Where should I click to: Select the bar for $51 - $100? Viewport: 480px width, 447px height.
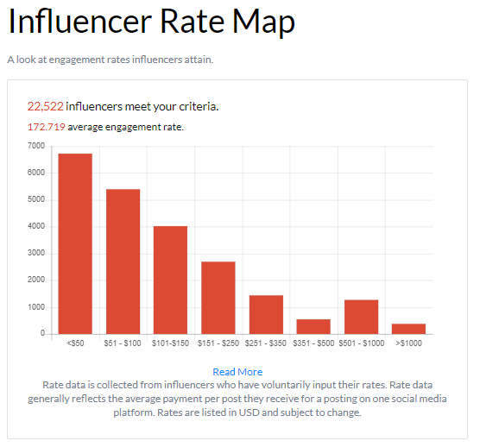(x=123, y=261)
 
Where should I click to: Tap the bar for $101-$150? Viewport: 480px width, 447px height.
(x=170, y=280)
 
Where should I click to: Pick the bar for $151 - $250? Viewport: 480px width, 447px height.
(x=218, y=298)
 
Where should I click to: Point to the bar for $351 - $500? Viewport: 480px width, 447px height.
(x=313, y=326)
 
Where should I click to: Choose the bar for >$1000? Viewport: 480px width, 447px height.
(x=408, y=329)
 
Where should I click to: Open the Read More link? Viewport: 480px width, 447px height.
(x=237, y=372)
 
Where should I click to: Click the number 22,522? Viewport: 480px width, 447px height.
(x=45, y=107)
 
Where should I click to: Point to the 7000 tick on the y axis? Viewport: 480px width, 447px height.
(x=36, y=146)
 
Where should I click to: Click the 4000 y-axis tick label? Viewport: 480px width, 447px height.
(x=36, y=227)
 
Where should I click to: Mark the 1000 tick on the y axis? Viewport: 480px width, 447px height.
(x=36, y=307)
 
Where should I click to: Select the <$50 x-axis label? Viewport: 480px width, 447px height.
(x=75, y=344)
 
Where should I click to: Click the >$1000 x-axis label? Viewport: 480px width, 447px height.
(x=408, y=344)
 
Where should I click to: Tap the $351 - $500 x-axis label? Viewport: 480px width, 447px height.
(x=313, y=344)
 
